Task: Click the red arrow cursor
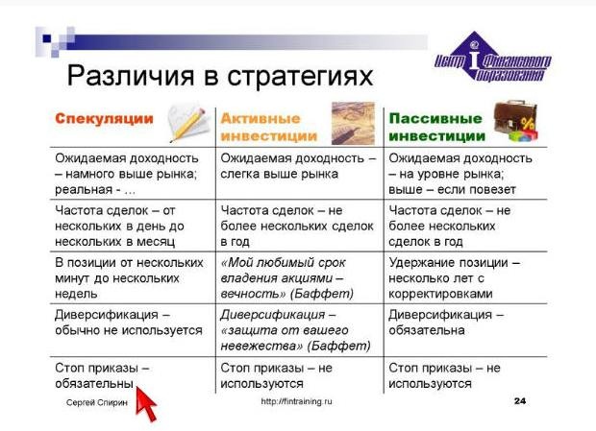[x=145, y=403]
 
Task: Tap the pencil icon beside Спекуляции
[x=189, y=122]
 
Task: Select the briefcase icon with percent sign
[x=516, y=121]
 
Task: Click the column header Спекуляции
[x=104, y=118]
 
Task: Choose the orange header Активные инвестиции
[x=269, y=127]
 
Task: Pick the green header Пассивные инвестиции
[x=436, y=127]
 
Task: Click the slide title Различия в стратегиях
[x=220, y=76]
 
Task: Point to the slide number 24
[x=520, y=401]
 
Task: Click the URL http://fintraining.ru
[x=296, y=401]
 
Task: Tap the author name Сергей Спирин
[x=97, y=402]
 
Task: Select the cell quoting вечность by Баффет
[x=287, y=278]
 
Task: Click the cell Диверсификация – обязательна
[x=446, y=323]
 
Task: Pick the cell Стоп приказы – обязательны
[x=102, y=375]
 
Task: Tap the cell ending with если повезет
[x=460, y=174]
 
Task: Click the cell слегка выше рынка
[x=298, y=166]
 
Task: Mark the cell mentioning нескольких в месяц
[x=120, y=226]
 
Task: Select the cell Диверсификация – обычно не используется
[x=129, y=323]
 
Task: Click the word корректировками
[x=440, y=294]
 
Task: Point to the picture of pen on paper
[x=353, y=123]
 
